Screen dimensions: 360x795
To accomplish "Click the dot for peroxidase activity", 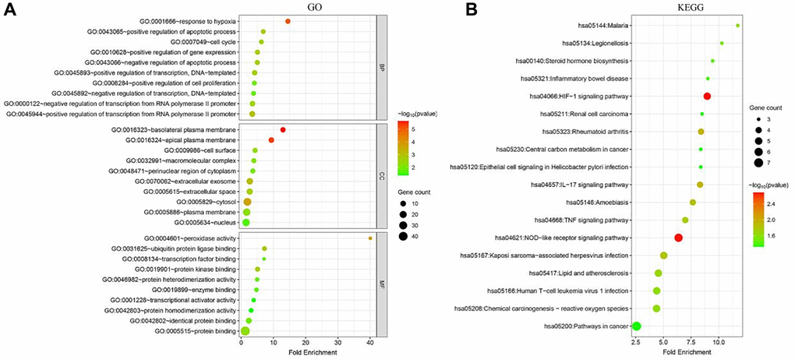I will pos(370,238).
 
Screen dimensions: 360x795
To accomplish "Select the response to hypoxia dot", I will pos(288,22).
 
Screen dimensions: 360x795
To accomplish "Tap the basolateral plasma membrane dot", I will pos(283,129).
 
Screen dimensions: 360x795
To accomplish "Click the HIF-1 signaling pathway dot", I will pos(708,96).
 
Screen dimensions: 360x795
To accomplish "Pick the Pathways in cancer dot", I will pos(636,326).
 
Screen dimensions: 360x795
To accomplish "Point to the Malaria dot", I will pos(737,26).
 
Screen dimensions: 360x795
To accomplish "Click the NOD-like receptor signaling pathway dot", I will pos(678,238).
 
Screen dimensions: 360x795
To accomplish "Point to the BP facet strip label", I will pos(380,67).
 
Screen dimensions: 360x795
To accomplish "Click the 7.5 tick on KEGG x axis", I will pos(691,343).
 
